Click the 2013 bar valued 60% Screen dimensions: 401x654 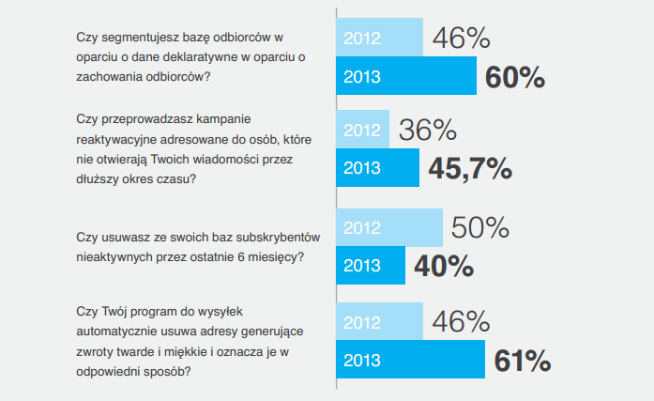point(406,76)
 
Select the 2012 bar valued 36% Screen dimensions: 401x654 point(362,129)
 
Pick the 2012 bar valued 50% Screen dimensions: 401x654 point(389,227)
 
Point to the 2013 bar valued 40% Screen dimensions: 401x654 point(371,266)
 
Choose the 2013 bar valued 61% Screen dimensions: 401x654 point(410,361)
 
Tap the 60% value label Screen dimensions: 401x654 point(515,77)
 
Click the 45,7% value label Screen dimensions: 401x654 point(470,168)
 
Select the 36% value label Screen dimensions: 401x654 point(428,130)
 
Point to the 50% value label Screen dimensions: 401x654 point(480,227)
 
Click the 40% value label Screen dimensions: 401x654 point(444,266)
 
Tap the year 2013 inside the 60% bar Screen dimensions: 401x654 point(362,76)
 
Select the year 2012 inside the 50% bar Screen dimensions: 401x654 point(362,227)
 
